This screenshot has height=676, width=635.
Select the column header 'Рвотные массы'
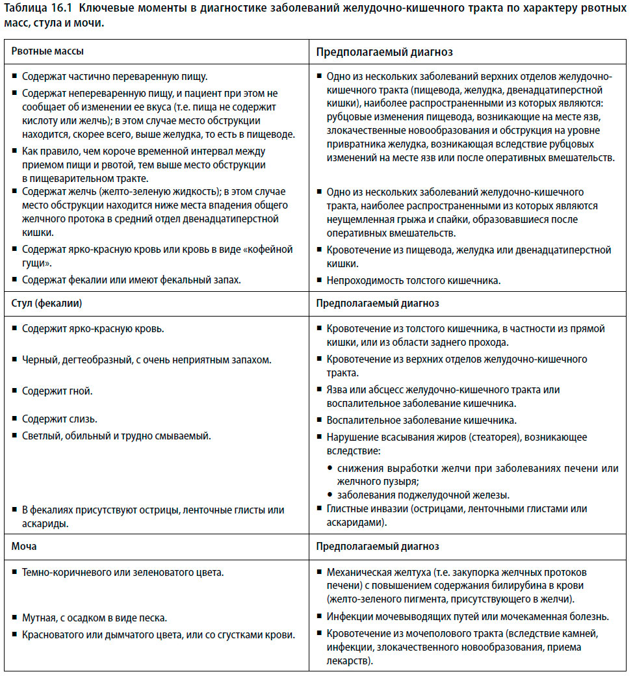click(x=47, y=51)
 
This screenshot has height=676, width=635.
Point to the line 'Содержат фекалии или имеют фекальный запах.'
click(x=131, y=280)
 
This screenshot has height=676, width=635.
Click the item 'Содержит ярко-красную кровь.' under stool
click(x=93, y=328)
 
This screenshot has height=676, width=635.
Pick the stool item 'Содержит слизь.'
click(x=60, y=419)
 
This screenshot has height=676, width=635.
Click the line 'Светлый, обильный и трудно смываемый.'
click(x=116, y=435)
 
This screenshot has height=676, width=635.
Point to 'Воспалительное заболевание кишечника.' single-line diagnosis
click(x=421, y=420)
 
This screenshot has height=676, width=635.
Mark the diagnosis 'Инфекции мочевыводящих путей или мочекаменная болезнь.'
click(x=467, y=616)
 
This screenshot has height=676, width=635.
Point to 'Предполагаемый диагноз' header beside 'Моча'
click(x=377, y=547)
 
